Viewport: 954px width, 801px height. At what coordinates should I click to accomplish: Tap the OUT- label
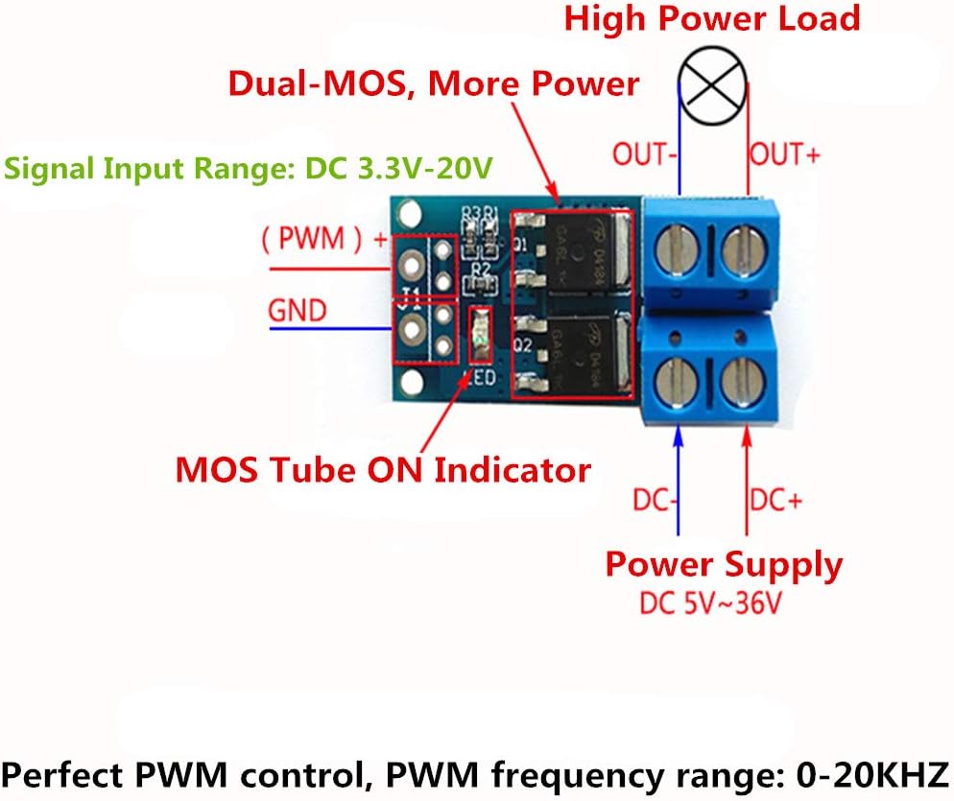[646, 154]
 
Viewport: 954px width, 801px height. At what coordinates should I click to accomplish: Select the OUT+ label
[784, 154]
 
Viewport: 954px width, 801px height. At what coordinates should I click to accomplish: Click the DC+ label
[776, 501]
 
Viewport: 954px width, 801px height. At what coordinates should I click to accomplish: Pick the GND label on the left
[297, 311]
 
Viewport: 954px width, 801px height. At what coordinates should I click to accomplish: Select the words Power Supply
[724, 565]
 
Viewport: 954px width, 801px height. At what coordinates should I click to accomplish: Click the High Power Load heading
[711, 18]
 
